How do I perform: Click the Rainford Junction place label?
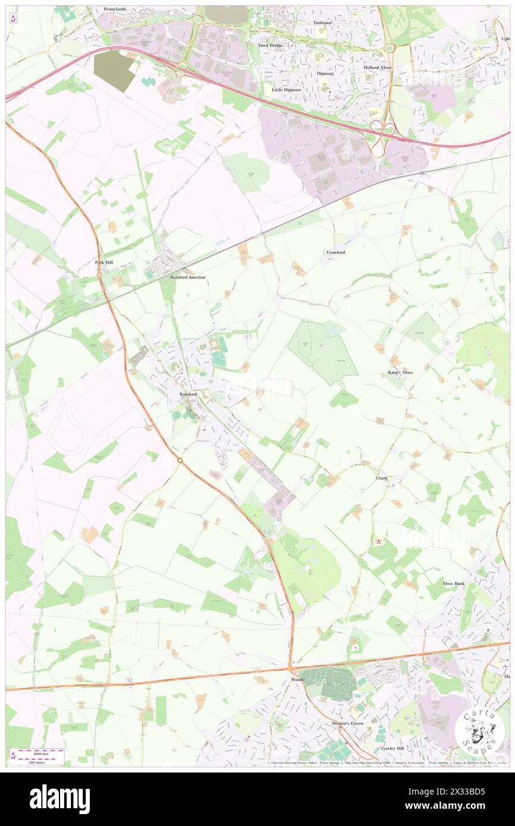[x=188, y=277]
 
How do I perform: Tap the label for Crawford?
[x=335, y=252]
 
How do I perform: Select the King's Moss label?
[x=400, y=372]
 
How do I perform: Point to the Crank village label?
[x=381, y=478]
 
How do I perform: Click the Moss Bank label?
[x=454, y=584]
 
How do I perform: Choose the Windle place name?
[x=297, y=679]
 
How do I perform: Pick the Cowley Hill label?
[x=392, y=748]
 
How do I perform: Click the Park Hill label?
[x=103, y=261]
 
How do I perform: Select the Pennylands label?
[x=115, y=10]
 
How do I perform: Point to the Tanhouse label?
[x=322, y=23]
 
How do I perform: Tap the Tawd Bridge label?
[x=269, y=45]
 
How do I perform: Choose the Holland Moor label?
[x=378, y=67]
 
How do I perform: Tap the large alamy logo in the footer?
[x=59, y=799]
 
